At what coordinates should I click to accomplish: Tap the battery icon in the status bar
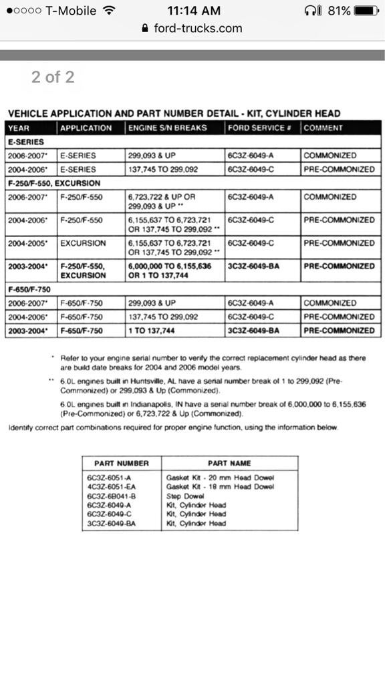point(366,11)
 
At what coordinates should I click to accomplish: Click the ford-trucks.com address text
point(197,28)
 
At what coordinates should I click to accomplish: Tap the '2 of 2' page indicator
point(53,77)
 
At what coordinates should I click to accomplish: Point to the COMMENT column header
point(323,128)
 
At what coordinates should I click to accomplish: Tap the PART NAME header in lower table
point(229,463)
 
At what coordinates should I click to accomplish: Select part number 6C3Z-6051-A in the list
point(110,478)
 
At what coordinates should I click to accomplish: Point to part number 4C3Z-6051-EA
point(112,487)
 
